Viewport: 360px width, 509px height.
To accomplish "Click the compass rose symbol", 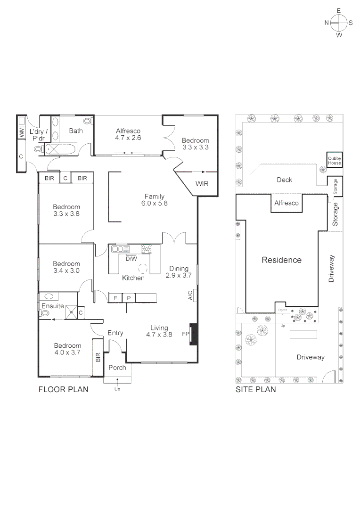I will (339, 23).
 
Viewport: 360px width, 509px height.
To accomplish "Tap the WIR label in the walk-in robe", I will (202, 184).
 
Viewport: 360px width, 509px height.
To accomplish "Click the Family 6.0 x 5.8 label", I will (154, 200).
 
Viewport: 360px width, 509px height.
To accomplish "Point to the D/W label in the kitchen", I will (131, 258).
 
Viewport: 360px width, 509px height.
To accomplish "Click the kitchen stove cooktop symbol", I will (147, 250).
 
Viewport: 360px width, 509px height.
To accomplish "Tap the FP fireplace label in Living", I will (185, 334).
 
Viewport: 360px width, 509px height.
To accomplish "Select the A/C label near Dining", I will (190, 296).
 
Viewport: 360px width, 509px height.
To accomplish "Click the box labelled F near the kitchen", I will (115, 298).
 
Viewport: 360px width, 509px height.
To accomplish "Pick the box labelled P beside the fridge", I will (129, 298).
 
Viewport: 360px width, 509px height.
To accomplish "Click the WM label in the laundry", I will (22, 133).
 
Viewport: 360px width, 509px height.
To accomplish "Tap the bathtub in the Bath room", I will (62, 150).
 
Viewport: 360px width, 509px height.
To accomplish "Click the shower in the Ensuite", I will (72, 311).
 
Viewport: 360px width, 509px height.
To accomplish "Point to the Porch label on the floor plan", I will (117, 368).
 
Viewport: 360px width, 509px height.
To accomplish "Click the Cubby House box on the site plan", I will (335, 161).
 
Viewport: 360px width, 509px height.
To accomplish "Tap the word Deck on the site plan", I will (284, 180).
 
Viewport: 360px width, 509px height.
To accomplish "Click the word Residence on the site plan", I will (281, 260).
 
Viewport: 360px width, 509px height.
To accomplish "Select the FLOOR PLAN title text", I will (63, 390).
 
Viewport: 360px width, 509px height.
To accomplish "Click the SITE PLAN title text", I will (255, 390).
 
